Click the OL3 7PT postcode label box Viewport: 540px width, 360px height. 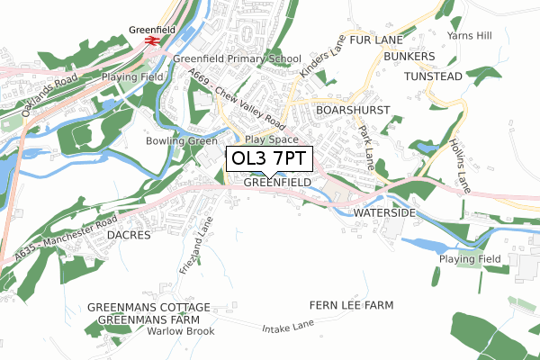(270, 158)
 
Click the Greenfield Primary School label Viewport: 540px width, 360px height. (237, 59)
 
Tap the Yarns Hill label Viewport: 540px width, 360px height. (471, 35)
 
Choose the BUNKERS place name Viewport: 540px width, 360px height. (409, 56)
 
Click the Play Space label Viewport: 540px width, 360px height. (271, 140)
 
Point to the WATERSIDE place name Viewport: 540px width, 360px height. (384, 212)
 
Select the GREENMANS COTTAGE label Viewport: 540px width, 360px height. (149, 307)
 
